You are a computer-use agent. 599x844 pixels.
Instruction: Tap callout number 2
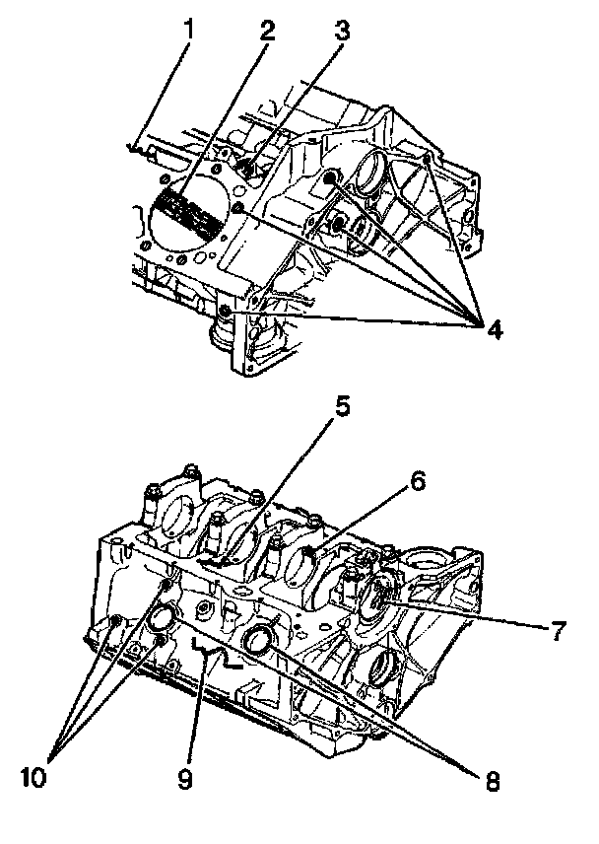coord(265,29)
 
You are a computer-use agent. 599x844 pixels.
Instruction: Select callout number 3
coord(341,29)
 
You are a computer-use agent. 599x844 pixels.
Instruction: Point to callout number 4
coord(493,326)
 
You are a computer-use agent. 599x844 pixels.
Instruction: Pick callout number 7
coord(559,627)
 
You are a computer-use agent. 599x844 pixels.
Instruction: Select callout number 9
coord(185,781)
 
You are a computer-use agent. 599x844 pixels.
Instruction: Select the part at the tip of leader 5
coord(222,562)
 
